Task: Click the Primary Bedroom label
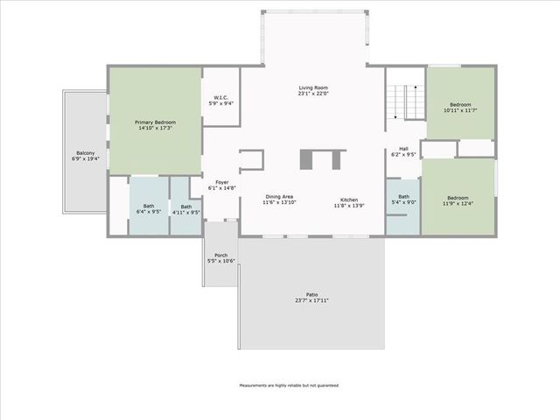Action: point(155,122)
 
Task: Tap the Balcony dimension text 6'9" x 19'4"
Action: point(85,159)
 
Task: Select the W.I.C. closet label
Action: point(220,97)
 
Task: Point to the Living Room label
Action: point(313,88)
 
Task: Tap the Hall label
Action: point(403,149)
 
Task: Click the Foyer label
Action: point(222,182)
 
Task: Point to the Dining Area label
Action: point(280,197)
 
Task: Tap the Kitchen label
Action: point(347,200)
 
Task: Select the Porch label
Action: point(221,255)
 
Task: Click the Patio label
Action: point(311,294)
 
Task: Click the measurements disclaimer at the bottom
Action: point(289,385)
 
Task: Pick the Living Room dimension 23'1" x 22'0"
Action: point(313,94)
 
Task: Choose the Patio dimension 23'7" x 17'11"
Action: point(311,300)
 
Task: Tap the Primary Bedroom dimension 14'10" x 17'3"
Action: point(155,128)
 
